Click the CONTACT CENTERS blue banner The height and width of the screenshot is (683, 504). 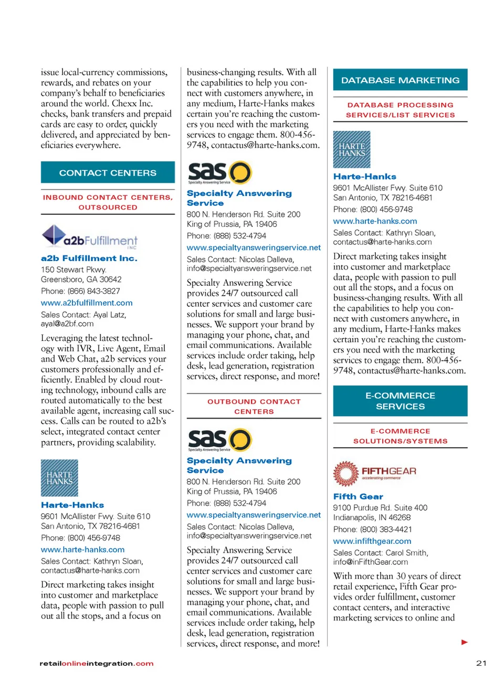coord(108,172)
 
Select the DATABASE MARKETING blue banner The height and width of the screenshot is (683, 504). coord(400,80)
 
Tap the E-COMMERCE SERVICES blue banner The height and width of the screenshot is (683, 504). coord(400,401)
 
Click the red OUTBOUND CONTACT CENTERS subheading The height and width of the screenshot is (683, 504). coord(254,406)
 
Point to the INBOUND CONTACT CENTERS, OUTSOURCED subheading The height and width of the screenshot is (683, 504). coord(108,202)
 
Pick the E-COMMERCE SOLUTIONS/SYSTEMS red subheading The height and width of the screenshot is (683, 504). coord(400,436)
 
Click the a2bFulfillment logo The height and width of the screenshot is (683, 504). coord(89,237)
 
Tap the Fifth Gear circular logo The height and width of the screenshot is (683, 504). coord(345,473)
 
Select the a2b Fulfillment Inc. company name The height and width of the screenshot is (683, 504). coord(89,258)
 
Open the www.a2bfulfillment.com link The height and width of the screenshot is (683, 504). coord(87,303)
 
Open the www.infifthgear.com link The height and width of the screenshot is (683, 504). coord(372,541)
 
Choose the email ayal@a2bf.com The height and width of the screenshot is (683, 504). coord(67,324)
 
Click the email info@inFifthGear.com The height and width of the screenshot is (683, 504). coord(370,562)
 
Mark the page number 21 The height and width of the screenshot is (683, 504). coord(481,663)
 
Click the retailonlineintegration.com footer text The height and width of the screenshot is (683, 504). coord(97,664)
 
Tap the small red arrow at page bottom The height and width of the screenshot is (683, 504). coord(464,642)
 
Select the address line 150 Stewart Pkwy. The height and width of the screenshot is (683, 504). coord(73,270)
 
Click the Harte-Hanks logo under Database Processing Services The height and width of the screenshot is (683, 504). coord(352,150)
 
